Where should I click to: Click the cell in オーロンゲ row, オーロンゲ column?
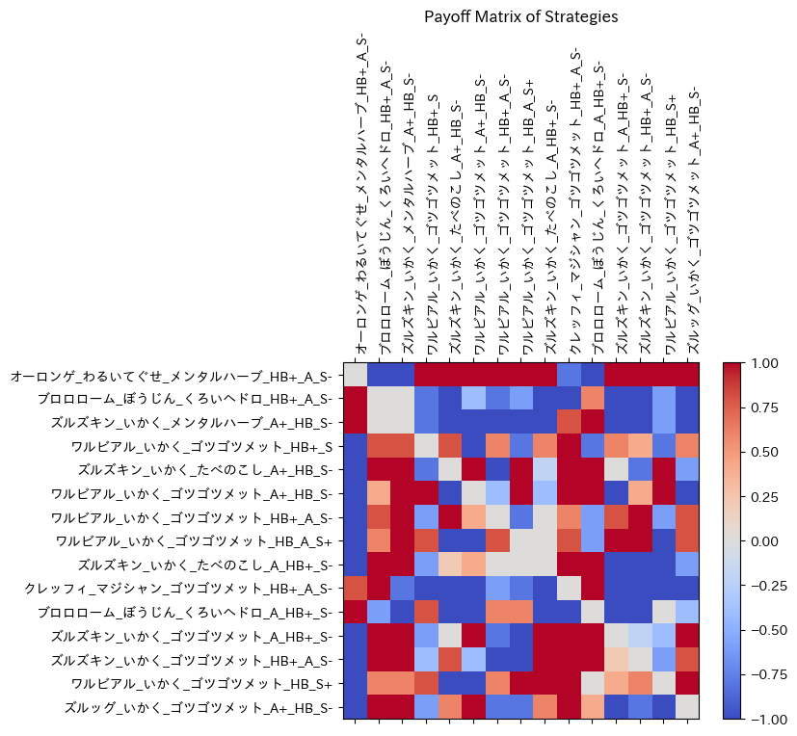[355, 375]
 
